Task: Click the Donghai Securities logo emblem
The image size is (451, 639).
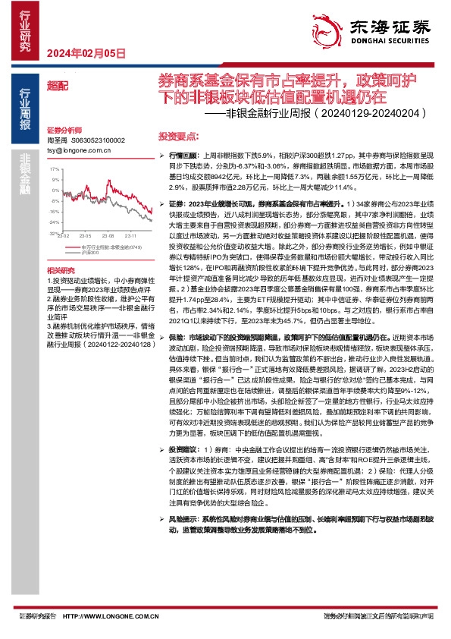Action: click(x=331, y=27)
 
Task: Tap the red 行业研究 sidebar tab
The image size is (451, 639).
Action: click(x=26, y=30)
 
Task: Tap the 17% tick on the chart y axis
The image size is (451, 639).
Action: click(x=54, y=180)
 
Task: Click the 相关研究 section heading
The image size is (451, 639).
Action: click(x=61, y=270)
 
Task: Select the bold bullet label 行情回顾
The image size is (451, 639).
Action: click(x=180, y=154)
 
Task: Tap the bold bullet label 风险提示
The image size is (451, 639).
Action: click(x=180, y=518)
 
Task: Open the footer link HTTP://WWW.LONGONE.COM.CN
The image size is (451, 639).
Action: click(x=110, y=616)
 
